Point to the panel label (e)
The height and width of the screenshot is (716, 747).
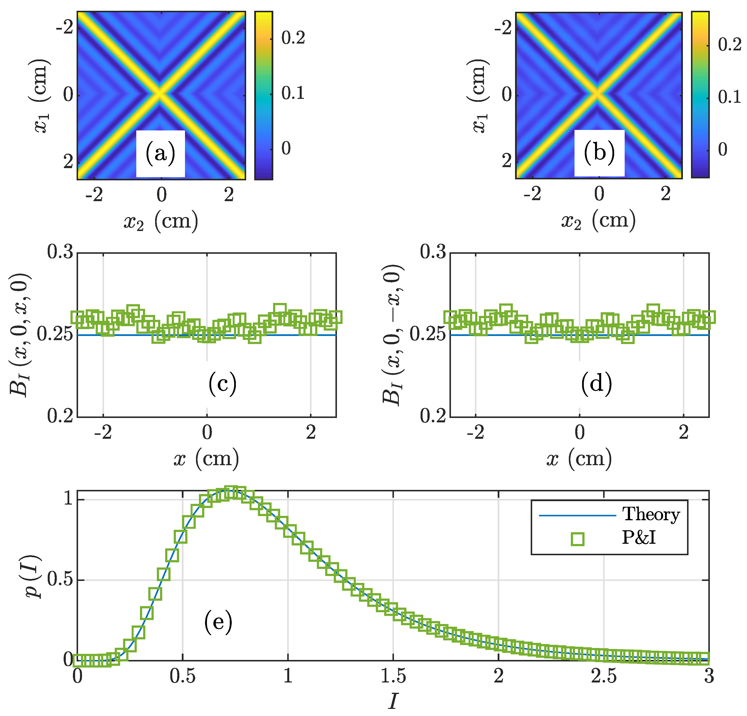218,622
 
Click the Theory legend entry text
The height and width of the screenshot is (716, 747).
651,514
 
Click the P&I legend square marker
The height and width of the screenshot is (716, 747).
578,539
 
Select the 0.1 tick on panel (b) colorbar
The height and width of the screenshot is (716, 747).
729,97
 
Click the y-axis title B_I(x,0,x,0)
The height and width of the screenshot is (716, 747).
19,335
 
